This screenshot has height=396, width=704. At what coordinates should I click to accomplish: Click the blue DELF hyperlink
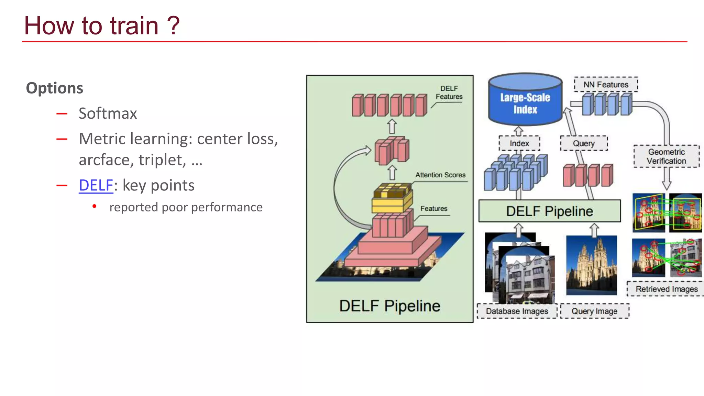pyautogui.click(x=96, y=185)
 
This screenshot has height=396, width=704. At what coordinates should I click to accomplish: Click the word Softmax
pyautogui.click(x=108, y=113)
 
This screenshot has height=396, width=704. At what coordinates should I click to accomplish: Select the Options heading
pyautogui.click(x=55, y=88)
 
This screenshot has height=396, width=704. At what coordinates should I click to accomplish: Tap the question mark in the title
pyautogui.click(x=174, y=26)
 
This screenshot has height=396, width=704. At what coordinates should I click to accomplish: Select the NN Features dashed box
pyautogui.click(x=606, y=85)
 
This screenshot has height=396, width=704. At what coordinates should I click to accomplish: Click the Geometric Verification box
pyautogui.click(x=666, y=156)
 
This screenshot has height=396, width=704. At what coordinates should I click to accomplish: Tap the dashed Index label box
pyautogui.click(x=519, y=143)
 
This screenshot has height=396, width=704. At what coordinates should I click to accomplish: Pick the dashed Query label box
pyautogui.click(x=584, y=143)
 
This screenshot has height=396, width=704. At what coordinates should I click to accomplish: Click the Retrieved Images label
pyautogui.click(x=666, y=289)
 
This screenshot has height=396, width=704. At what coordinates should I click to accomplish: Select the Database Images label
pyautogui.click(x=517, y=311)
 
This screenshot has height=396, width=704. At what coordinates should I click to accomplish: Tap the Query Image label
pyautogui.click(x=594, y=311)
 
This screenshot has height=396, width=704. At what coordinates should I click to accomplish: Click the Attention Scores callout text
pyautogui.click(x=440, y=175)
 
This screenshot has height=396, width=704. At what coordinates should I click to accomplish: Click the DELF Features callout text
pyautogui.click(x=449, y=92)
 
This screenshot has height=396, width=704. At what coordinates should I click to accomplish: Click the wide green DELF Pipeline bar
pyautogui.click(x=549, y=211)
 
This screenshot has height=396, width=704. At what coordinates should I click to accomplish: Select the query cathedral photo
pyautogui.click(x=592, y=265)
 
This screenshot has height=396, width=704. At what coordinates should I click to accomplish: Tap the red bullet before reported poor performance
pyautogui.click(x=95, y=206)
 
